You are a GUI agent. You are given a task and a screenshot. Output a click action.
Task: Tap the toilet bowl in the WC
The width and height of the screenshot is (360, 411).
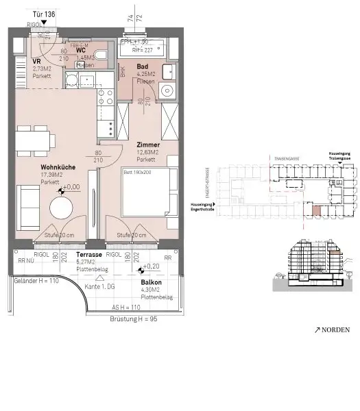coord(100,55)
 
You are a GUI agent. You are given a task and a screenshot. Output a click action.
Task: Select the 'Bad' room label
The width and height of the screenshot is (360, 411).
coord(143,66)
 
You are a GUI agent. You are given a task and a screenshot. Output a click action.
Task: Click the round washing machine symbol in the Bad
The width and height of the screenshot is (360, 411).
coord(165,90)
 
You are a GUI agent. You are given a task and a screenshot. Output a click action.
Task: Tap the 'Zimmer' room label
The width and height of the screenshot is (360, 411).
coord(147,145)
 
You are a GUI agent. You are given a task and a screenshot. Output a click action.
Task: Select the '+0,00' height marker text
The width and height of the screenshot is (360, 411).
coord(71,186)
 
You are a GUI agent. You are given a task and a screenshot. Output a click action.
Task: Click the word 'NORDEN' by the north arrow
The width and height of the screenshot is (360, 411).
coord(335,329)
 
